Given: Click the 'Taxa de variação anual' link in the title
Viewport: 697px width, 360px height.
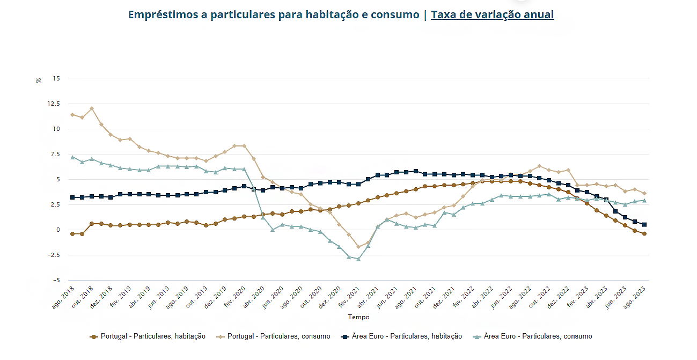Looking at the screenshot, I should click(492, 15).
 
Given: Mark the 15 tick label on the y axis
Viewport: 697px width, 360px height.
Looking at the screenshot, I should click(56, 78).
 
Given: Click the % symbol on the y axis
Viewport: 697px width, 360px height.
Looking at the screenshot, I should click(39, 80).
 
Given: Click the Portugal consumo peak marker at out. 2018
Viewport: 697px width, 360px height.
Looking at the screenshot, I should click(92, 108).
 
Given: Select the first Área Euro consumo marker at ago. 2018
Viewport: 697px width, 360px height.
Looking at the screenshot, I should click(72, 157).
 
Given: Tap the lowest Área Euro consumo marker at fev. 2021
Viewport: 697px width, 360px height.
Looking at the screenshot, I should click(358, 259).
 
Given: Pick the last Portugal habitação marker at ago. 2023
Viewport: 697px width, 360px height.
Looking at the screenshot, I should click(644, 234).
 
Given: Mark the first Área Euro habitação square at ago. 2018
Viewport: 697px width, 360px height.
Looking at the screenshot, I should click(72, 197).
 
